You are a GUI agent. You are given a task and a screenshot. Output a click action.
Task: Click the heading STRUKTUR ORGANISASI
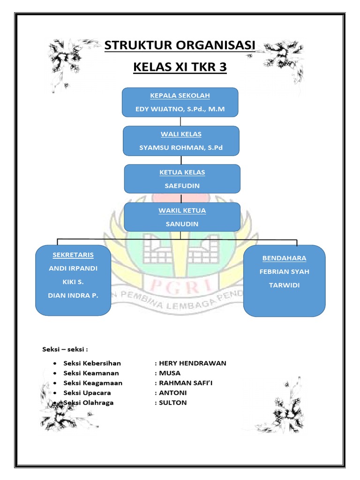[x=180, y=46]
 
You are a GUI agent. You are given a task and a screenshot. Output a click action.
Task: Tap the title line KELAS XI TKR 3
[x=180, y=67]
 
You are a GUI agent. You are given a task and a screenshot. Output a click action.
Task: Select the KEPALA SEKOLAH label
[x=180, y=96]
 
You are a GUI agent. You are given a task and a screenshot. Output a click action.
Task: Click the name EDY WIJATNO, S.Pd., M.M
[x=180, y=109]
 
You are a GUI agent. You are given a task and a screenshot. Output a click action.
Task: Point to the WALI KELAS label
[x=181, y=134]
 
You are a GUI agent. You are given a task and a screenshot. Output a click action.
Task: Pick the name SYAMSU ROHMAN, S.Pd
[x=181, y=148]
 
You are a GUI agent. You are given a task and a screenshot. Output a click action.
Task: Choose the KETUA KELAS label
[x=182, y=172]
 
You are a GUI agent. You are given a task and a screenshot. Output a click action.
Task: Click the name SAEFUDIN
[x=182, y=186]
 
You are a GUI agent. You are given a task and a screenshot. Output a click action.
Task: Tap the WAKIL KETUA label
[x=182, y=210]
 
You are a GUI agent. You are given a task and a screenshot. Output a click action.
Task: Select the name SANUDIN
[x=182, y=224]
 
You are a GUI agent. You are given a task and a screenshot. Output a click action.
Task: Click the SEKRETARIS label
[x=73, y=255]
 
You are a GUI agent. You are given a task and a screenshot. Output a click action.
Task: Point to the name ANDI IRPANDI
[x=73, y=269]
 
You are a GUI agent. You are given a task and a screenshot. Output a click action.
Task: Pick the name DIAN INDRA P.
[x=73, y=296]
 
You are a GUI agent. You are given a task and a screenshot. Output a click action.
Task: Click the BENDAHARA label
[x=285, y=258]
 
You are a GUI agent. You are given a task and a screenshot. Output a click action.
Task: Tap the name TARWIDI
[x=285, y=285]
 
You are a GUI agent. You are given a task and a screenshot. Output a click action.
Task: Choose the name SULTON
[x=173, y=403]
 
